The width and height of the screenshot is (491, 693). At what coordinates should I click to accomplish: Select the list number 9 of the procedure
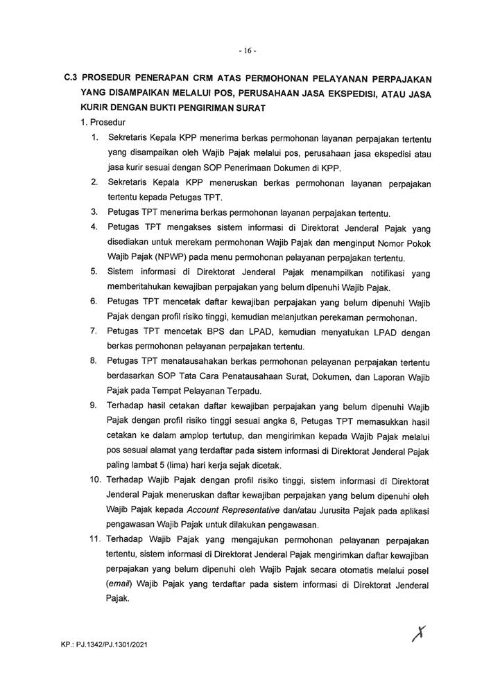[94, 405]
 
